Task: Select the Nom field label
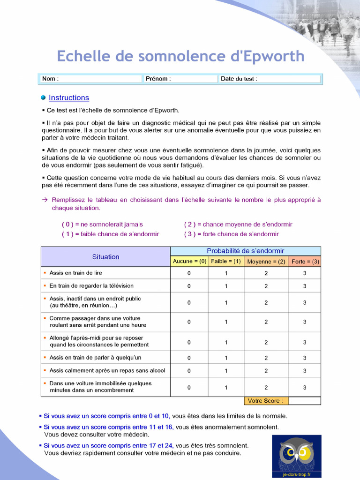(50, 79)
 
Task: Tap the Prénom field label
(158, 79)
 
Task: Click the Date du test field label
(239, 79)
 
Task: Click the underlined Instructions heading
(69, 97)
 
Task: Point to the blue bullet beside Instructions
(43, 97)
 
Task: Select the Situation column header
(105, 257)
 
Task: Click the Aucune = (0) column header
(189, 262)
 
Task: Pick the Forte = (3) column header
(305, 262)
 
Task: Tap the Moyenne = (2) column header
(266, 262)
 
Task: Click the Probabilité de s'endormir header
(246, 251)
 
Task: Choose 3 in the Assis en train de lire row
(305, 273)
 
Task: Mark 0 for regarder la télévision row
(189, 286)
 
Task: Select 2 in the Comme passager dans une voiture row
(266, 322)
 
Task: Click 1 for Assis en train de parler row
(226, 358)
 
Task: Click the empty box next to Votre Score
(305, 401)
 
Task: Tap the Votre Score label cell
(265, 401)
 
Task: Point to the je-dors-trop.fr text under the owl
(297, 474)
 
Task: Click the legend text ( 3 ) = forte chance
(231, 234)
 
